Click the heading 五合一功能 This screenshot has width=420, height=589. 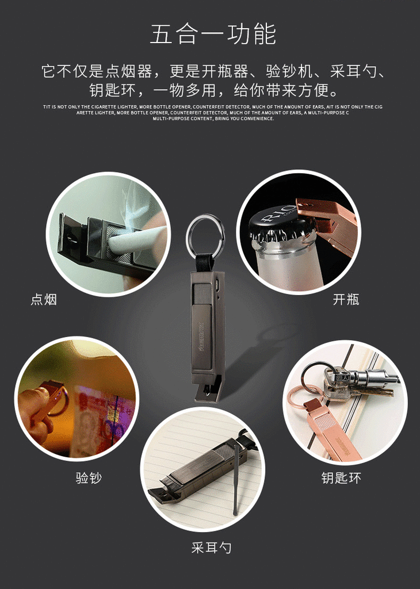tap(213, 35)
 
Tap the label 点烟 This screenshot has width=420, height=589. tap(44, 299)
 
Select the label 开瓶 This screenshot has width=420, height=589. tap(346, 299)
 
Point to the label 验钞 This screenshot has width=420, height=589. tap(89, 478)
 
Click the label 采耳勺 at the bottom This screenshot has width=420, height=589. tap(211, 548)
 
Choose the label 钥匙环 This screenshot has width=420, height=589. tap(341, 478)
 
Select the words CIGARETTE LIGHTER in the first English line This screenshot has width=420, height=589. tap(114, 107)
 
